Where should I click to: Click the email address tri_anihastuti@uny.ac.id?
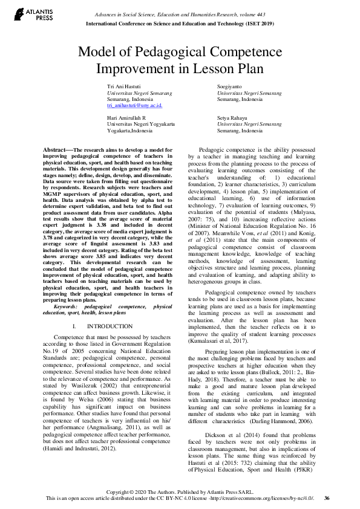coord(134,105)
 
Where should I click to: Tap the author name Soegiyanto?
coord(231,87)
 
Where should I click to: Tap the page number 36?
coord(327,498)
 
